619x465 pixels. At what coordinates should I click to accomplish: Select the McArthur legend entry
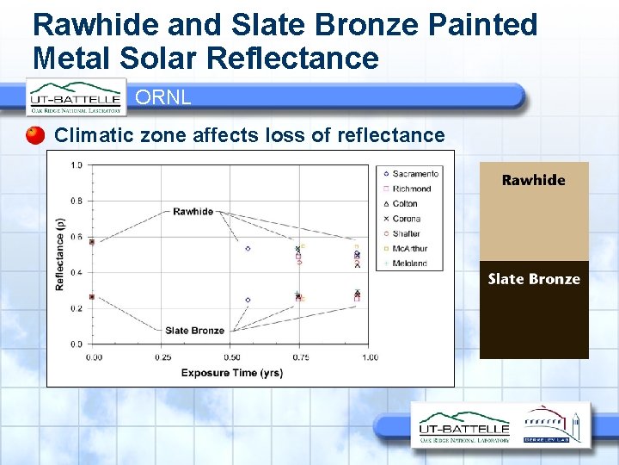coord(409,249)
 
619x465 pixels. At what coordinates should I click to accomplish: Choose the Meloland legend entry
coord(409,263)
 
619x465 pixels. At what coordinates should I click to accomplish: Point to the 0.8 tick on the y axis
coord(77,201)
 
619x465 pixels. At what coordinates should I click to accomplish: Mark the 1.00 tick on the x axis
coord(369,356)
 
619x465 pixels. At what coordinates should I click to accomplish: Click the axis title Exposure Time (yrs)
coord(231,372)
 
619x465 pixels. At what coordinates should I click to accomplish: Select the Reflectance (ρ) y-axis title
coord(60,254)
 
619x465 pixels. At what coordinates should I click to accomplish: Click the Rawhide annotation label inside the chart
coord(193,211)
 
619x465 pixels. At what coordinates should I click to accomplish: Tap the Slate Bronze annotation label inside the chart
coord(195,330)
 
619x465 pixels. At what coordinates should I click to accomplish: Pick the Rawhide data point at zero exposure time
coord(92,241)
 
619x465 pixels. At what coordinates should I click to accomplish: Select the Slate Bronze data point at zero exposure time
coord(92,297)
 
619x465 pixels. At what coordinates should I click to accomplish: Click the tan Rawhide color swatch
coord(533,211)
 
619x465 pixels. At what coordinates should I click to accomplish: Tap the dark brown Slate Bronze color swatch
coord(533,310)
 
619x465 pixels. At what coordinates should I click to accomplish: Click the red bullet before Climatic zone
coord(35,135)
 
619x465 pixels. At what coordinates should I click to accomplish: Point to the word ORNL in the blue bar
coord(163,97)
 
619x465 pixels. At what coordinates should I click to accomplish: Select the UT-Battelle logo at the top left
coord(76,97)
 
